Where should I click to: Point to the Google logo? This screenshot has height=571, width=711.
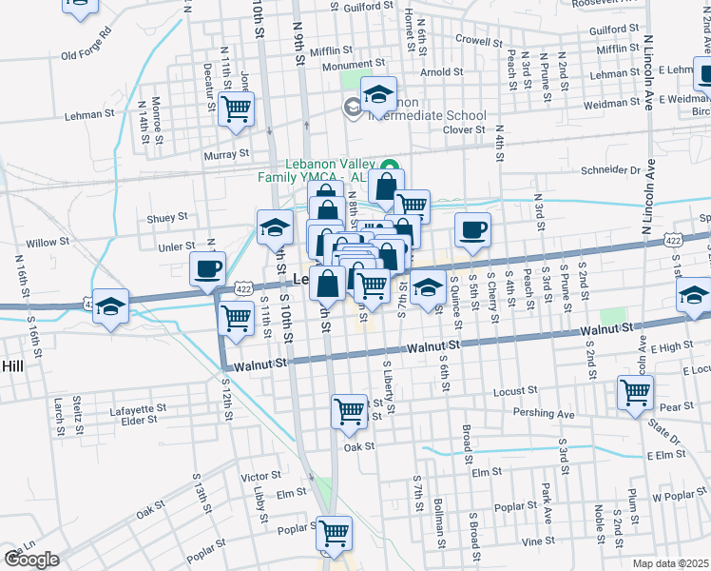tap(31, 559)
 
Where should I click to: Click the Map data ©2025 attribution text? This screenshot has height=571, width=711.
tap(671, 563)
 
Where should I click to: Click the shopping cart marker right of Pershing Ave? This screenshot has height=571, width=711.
tap(635, 390)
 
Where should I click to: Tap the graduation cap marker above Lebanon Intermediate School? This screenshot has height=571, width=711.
tap(379, 93)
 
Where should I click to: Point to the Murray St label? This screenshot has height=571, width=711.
tap(225, 152)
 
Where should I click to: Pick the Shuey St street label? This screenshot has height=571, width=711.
tap(167, 218)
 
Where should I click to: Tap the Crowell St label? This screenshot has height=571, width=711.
tap(477, 40)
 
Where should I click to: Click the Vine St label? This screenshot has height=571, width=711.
tap(537, 541)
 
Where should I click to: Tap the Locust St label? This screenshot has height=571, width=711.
tap(516, 390)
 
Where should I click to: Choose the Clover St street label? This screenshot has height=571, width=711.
tap(464, 129)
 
